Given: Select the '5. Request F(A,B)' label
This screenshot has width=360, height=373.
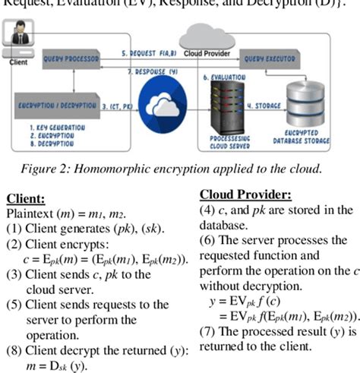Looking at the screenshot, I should pos(148,53).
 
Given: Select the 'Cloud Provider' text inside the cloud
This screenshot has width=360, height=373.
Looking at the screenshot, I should pos(207,54).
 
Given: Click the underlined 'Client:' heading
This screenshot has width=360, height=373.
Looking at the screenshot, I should pos(25,199).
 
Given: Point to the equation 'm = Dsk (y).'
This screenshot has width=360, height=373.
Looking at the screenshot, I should pos(57,365).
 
